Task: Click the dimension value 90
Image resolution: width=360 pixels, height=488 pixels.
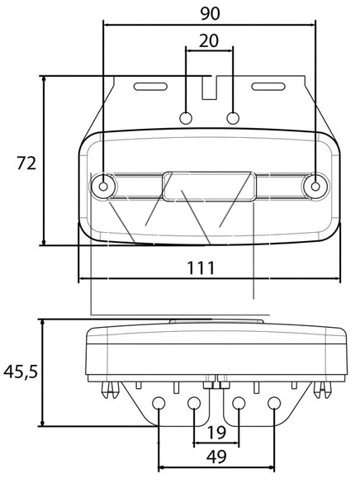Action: click(x=210, y=12)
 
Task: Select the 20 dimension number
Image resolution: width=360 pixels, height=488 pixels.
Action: click(x=210, y=40)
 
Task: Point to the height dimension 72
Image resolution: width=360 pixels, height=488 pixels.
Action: click(x=26, y=163)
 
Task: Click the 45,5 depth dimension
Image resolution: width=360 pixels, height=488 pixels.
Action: click(x=21, y=372)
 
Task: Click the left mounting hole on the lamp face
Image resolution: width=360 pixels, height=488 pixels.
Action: click(x=103, y=187)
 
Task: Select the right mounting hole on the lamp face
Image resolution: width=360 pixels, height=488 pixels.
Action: click(x=315, y=187)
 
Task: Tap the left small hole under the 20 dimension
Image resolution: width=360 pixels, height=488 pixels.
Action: click(x=187, y=116)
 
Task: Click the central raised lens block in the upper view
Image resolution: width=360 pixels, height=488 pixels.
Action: click(x=209, y=187)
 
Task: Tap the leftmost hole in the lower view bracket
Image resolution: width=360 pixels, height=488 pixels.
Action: click(x=159, y=403)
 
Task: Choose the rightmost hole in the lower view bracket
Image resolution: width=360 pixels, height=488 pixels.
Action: click(x=274, y=403)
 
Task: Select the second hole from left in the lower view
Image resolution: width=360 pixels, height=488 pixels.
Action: click(x=194, y=403)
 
